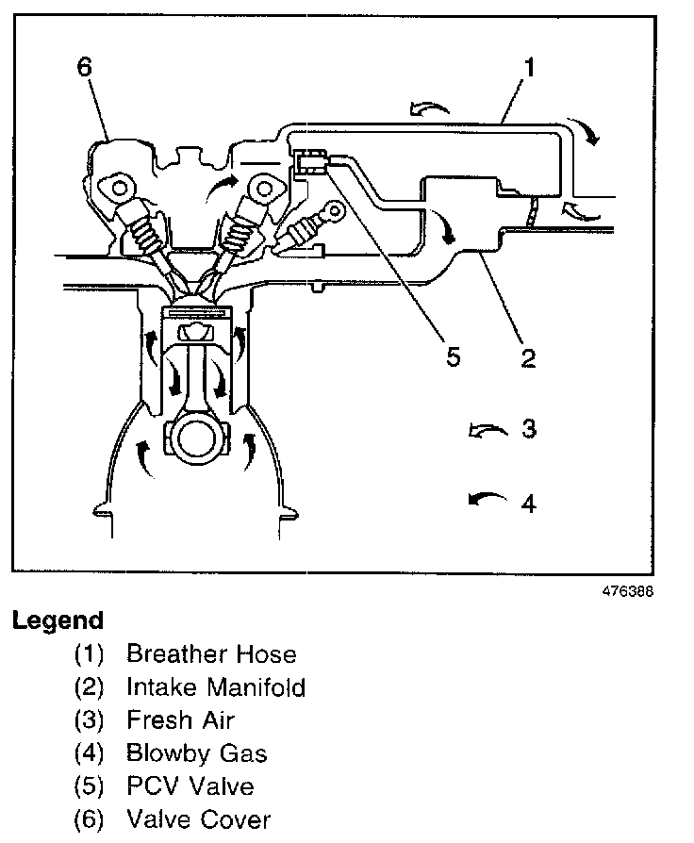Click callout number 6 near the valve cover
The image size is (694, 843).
tap(86, 68)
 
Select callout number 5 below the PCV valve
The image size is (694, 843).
tap(454, 357)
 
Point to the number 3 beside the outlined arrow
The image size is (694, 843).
tap(529, 429)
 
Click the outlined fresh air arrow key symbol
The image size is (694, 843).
tap(487, 431)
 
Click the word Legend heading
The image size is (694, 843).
tap(58, 621)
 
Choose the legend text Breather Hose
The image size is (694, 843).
tap(211, 654)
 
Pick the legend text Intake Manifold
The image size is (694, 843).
tap(216, 687)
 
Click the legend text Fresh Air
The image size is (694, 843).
tap(180, 720)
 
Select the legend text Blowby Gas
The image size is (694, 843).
tap(197, 752)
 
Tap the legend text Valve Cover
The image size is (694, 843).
tap(198, 818)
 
